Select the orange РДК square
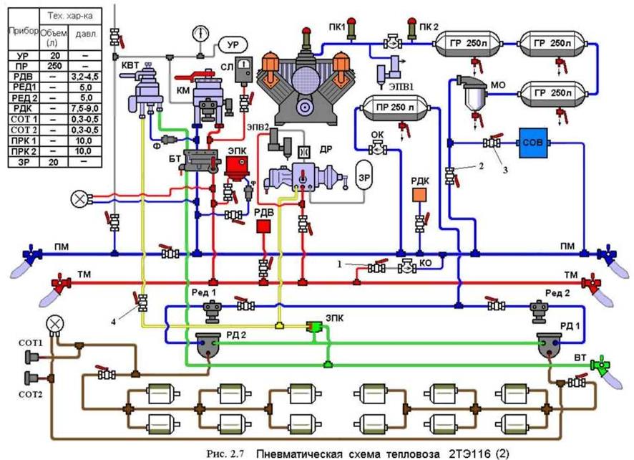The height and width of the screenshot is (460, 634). (x=419, y=194)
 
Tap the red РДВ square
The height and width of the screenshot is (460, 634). (x=264, y=226)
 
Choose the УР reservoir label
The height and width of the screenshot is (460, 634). (x=231, y=44)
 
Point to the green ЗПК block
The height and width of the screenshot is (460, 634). (x=313, y=327)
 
